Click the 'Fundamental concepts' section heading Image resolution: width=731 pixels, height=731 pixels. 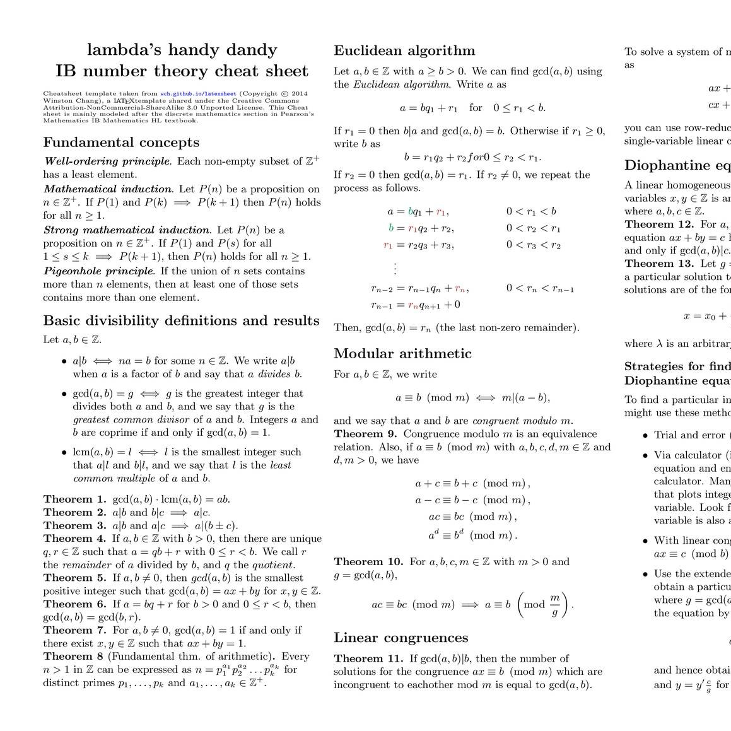tap(121, 143)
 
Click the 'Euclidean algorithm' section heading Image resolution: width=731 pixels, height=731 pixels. tap(404, 51)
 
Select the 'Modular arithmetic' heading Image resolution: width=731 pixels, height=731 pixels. tap(402, 353)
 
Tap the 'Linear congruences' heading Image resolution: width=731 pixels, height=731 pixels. tap(401, 638)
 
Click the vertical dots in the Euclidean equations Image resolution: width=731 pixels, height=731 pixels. tap(395, 268)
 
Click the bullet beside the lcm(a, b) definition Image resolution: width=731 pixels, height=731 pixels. tap(64, 452)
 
